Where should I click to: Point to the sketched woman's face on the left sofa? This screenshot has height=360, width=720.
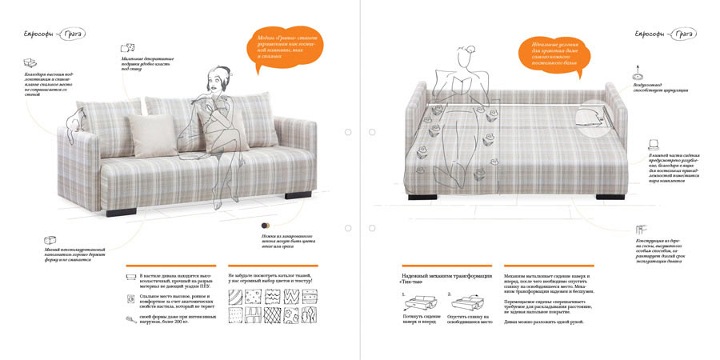216,82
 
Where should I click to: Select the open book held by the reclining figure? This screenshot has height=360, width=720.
464,85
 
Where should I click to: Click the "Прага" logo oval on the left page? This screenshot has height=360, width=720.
72,34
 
